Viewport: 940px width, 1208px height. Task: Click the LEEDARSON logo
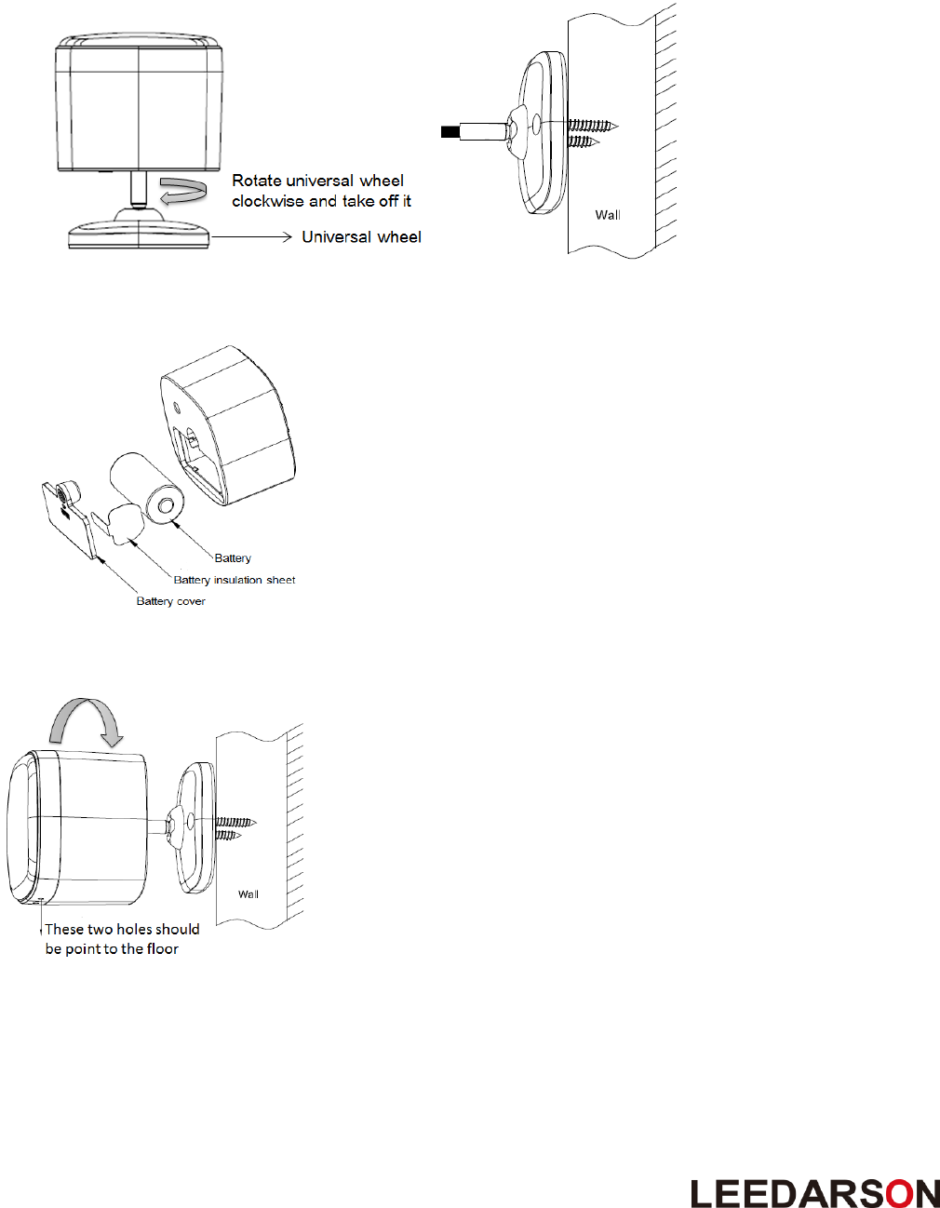point(814,1193)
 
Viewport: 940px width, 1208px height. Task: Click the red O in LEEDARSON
point(899,1193)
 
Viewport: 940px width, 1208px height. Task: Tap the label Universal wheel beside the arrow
point(361,237)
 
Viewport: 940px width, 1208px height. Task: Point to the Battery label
point(233,558)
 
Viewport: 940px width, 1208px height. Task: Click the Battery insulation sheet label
point(235,580)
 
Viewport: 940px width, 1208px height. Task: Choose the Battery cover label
point(171,601)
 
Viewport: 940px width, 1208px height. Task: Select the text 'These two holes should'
point(122,929)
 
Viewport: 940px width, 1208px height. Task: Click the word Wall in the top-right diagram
point(608,215)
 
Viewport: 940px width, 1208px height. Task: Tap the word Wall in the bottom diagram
point(248,894)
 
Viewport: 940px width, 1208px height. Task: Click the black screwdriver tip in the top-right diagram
point(450,132)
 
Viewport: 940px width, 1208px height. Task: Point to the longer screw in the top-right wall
point(590,125)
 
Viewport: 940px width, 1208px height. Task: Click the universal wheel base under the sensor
point(139,234)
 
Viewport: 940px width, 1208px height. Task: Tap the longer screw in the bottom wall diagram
point(235,823)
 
